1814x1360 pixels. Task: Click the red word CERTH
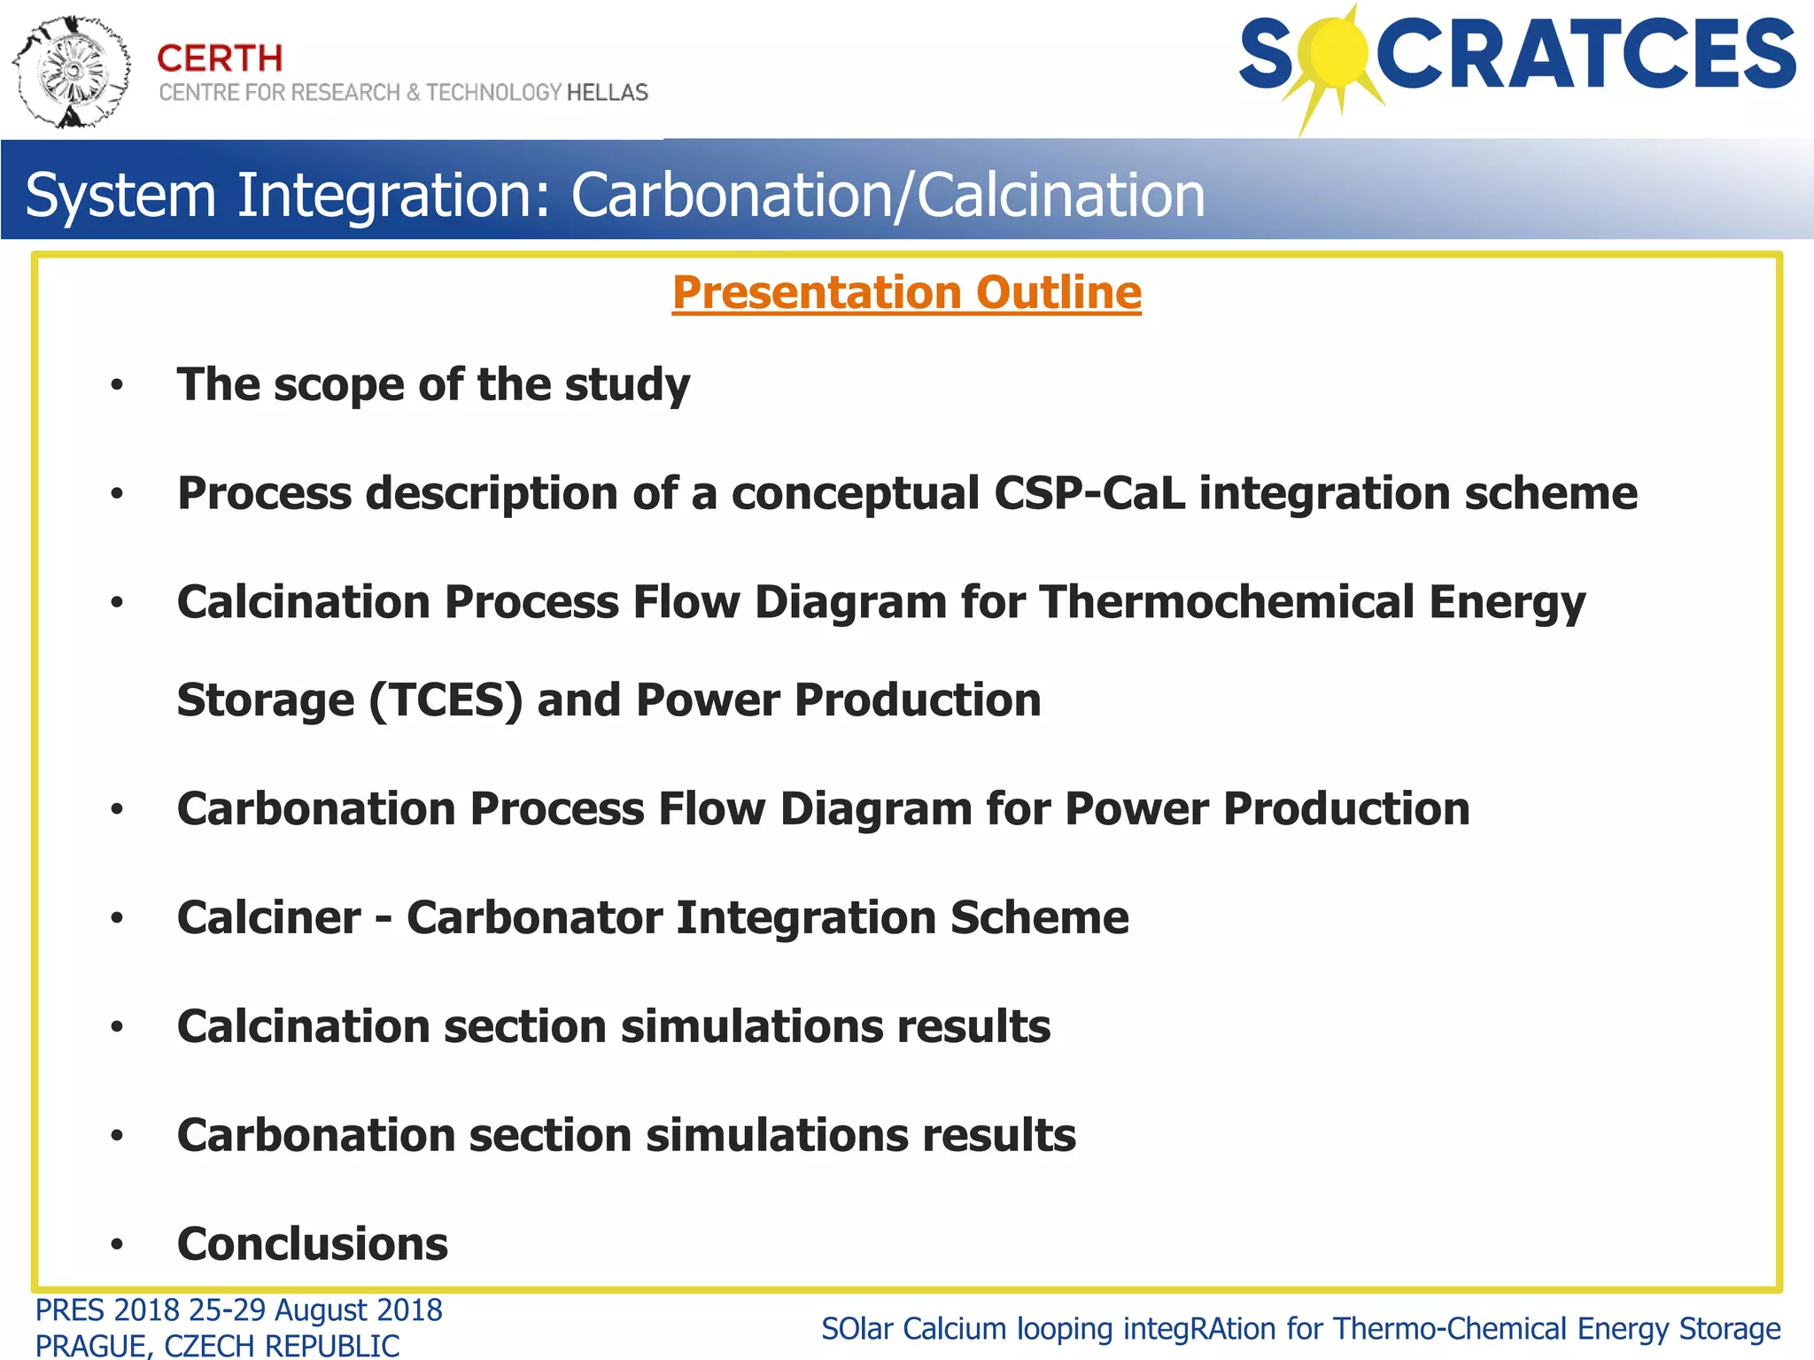[220, 58]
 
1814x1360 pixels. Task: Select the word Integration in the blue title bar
[394, 195]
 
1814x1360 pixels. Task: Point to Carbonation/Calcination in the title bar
[888, 195]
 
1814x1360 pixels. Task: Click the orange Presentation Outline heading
[906, 292]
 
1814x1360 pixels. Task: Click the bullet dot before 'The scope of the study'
[117, 386]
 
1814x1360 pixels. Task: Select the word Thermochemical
[1227, 602]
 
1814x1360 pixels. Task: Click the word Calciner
[269, 917]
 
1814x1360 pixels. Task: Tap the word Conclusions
[313, 1244]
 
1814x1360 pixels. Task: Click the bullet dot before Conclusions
[117, 1245]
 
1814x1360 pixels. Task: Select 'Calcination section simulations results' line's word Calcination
[304, 1026]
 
